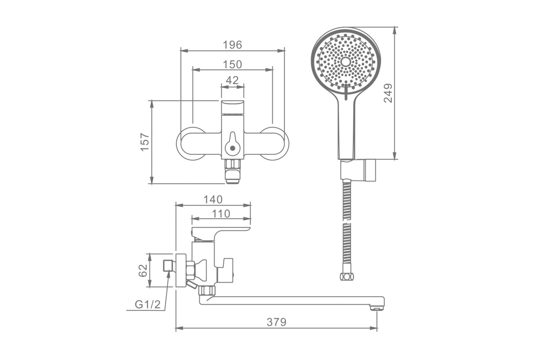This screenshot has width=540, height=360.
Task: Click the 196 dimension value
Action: coord(232,45)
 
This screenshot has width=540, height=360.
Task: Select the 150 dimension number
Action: coord(232,65)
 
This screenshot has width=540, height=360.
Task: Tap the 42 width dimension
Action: coord(232,80)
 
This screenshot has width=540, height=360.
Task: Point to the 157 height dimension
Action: coord(145,142)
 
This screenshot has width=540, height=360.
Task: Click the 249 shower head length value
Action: coord(388,93)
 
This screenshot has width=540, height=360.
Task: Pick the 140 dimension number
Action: coord(213,200)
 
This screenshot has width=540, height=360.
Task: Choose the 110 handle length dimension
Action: coord(221,214)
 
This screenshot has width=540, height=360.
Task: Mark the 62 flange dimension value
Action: coord(143,270)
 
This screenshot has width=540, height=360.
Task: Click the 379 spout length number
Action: coord(276,322)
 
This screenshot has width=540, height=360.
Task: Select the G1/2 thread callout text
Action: coord(148,305)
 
